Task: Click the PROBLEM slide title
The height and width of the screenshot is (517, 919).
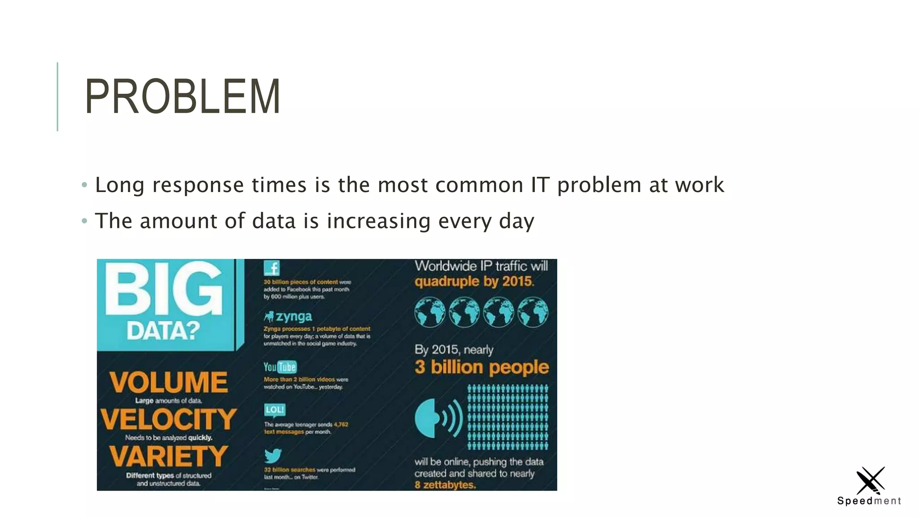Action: (182, 96)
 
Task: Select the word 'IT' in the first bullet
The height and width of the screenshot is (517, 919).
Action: (540, 185)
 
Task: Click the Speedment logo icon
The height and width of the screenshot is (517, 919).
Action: (870, 480)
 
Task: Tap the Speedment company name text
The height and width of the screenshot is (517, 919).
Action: (869, 501)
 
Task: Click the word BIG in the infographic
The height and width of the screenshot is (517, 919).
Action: (164, 289)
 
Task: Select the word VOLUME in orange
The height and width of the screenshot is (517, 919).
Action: (168, 382)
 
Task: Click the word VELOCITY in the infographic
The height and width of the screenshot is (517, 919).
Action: (168, 419)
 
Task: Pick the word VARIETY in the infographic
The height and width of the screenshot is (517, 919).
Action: (168, 456)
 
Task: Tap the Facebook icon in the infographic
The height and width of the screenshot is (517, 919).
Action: (271, 268)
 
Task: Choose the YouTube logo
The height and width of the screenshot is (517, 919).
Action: (280, 367)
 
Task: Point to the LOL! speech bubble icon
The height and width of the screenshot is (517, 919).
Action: (274, 410)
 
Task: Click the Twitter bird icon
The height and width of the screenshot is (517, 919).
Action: (272, 456)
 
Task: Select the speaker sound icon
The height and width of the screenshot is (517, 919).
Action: (438, 418)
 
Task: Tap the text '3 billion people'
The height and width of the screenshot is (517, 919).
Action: (481, 367)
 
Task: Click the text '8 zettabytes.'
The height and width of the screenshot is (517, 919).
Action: (445, 485)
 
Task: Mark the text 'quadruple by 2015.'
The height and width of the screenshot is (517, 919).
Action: (474, 281)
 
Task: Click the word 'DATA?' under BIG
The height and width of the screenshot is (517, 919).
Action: (163, 331)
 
